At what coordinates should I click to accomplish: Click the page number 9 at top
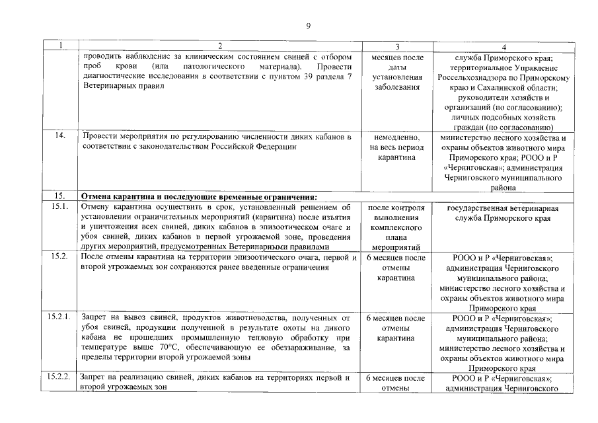click(308, 26)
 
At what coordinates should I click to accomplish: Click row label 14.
click(60, 136)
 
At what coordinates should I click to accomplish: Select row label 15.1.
click(60, 207)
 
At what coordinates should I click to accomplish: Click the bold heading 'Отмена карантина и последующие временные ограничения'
click(199, 196)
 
